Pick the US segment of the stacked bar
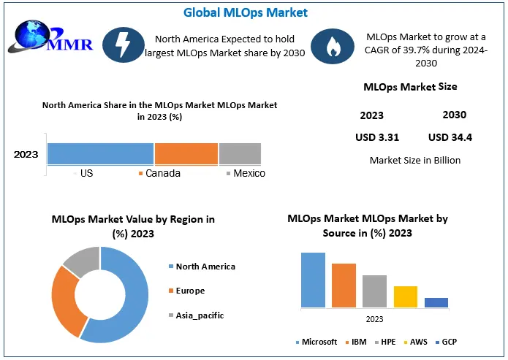(x=100, y=153)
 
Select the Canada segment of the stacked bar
(x=186, y=153)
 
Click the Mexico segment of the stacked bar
(x=239, y=153)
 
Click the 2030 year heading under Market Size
(x=454, y=115)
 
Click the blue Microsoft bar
(x=313, y=280)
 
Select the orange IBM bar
(x=344, y=285)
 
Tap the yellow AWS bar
(x=405, y=296)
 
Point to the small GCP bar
(x=436, y=302)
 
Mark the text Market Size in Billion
(x=415, y=160)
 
